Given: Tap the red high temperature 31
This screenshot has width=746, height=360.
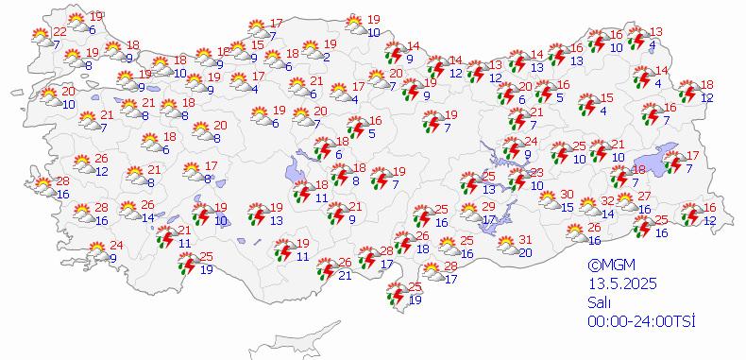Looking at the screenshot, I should (526, 240).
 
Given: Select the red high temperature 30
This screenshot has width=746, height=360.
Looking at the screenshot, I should (567, 195).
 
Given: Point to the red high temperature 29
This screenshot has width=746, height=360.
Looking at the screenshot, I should (488, 207).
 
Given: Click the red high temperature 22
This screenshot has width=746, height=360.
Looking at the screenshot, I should (59, 32).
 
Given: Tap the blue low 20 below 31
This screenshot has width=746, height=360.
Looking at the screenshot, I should (526, 252).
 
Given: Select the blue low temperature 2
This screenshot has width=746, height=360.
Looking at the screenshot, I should (325, 58).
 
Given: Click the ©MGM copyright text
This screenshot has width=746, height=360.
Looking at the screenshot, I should (608, 266).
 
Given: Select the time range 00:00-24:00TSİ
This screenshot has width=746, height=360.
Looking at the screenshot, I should (639, 321).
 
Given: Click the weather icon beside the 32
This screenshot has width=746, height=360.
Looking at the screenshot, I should (587, 205).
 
